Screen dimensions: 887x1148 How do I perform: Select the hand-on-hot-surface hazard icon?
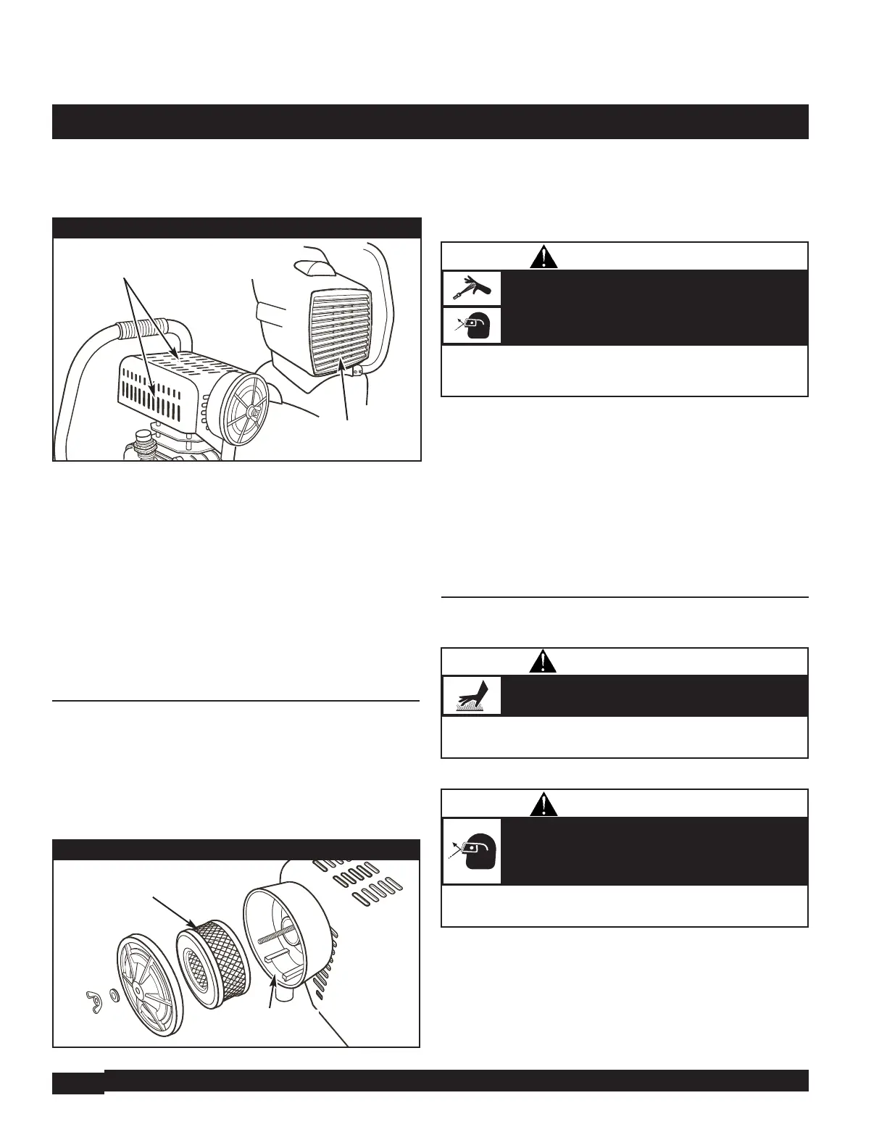coord(472,696)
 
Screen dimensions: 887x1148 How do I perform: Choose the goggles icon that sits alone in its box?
coord(472,851)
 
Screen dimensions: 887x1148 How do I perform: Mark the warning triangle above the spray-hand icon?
coord(543,256)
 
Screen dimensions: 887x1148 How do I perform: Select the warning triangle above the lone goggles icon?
coord(543,804)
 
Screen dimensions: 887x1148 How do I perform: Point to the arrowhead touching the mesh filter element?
coord(193,925)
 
